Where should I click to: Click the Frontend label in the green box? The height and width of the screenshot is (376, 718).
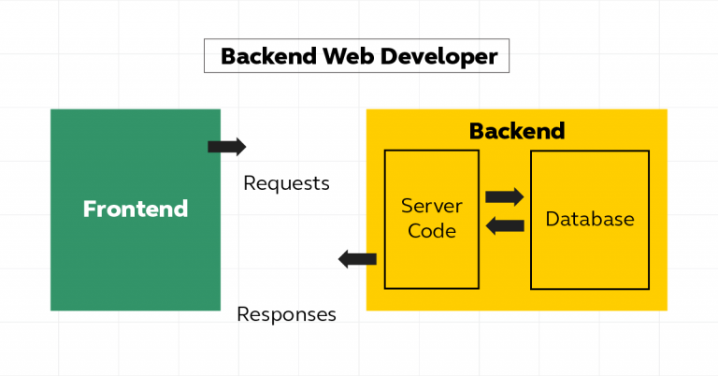coord(136,209)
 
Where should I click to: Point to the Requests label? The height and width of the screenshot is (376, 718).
coord(286,183)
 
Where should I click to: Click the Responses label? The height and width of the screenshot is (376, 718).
coord(286,314)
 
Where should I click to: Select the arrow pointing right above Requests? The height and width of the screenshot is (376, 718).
coord(226,147)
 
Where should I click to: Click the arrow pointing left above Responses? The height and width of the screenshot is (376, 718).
coord(356,259)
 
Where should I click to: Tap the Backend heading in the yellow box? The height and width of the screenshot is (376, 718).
coord(517,130)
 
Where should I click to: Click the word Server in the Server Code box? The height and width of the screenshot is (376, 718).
coord(432,205)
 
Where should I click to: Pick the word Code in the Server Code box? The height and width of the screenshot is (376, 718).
coord(432,230)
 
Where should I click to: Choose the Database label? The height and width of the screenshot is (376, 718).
coord(590,220)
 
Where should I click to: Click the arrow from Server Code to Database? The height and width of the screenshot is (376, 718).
coord(505,196)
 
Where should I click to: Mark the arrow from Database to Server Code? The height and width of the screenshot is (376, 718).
coord(505,224)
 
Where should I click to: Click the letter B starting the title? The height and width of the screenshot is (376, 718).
coord(227,57)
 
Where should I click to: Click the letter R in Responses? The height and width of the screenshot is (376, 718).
coord(243,314)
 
